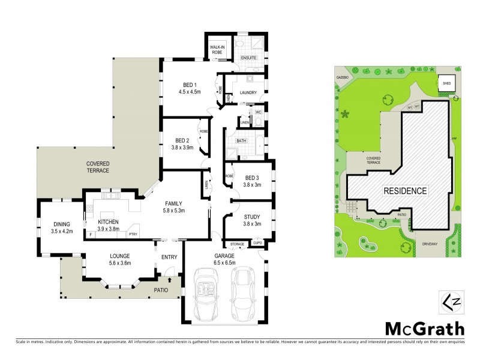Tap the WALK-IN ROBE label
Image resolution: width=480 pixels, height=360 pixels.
click(x=216, y=50)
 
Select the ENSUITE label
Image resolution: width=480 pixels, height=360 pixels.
click(x=248, y=58)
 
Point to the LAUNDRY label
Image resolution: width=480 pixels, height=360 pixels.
click(x=248, y=92)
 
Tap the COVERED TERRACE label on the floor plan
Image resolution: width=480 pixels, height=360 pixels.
click(x=97, y=167)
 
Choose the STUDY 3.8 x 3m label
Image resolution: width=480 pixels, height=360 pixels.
click(x=251, y=220)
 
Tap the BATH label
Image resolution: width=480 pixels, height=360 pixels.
click(x=241, y=140)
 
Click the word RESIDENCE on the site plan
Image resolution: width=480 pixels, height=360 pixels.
click(x=405, y=191)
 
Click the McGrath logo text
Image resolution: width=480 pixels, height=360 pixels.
click(x=424, y=328)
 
